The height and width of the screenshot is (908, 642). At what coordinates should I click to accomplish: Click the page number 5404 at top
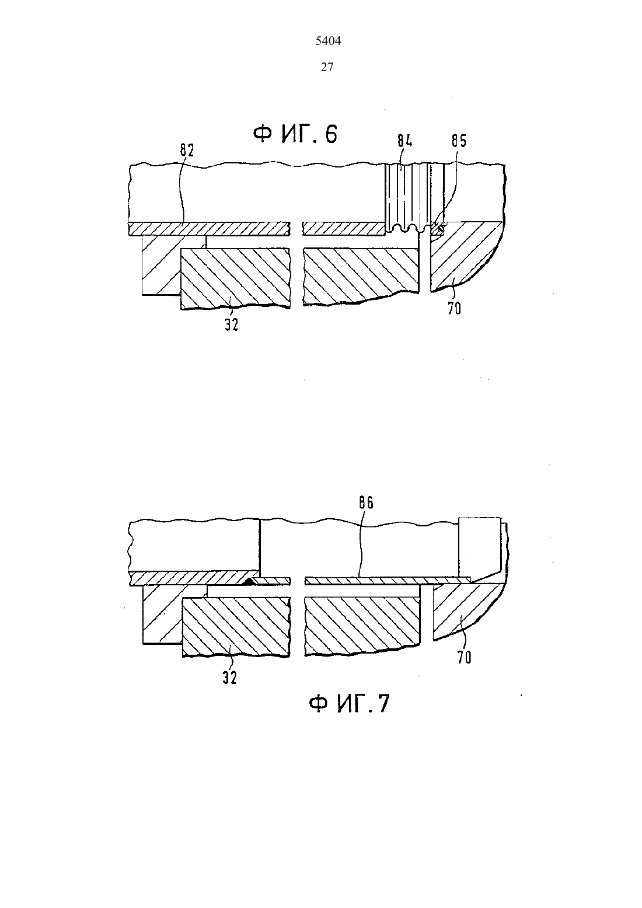click(x=328, y=41)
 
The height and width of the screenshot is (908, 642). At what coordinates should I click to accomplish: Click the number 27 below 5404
click(x=327, y=67)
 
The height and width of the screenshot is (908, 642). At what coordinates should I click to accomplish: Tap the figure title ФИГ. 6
click(x=295, y=134)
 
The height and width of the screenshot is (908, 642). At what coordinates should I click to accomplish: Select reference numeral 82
click(x=187, y=151)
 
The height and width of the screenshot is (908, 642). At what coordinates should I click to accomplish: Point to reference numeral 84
click(x=404, y=141)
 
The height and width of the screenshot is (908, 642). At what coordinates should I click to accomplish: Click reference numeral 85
click(x=459, y=141)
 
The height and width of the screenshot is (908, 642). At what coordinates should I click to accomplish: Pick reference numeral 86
click(x=366, y=503)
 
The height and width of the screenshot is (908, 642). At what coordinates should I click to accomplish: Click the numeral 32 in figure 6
click(x=232, y=324)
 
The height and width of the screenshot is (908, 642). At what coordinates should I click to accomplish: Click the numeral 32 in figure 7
click(x=230, y=678)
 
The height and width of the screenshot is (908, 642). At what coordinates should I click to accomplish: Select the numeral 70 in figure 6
click(x=454, y=309)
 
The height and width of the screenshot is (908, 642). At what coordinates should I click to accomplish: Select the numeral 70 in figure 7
click(x=465, y=658)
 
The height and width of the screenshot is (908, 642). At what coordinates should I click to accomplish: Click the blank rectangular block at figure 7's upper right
click(x=480, y=547)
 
